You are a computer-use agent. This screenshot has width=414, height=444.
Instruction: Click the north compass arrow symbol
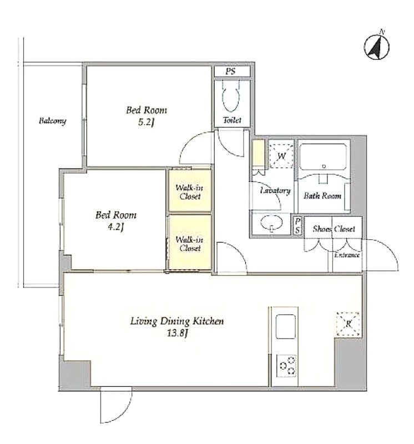(x=377, y=47)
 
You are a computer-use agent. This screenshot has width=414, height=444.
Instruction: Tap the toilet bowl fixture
(x=231, y=95)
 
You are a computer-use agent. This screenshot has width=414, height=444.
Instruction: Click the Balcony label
(x=52, y=121)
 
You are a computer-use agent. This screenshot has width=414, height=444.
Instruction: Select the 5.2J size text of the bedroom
(x=146, y=122)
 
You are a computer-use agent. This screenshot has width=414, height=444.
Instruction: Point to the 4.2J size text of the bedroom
(x=115, y=227)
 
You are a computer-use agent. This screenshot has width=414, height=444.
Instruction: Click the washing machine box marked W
(x=281, y=156)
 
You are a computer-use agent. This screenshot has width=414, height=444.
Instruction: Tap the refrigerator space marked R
(x=348, y=324)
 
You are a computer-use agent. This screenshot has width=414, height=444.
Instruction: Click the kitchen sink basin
(x=285, y=326)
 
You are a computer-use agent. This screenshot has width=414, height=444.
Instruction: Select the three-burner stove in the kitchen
(x=286, y=366)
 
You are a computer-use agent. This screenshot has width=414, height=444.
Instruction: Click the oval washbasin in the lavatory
(x=271, y=223)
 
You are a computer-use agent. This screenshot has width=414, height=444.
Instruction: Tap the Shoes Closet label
(x=334, y=229)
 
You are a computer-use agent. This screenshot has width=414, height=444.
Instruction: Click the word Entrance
(x=347, y=255)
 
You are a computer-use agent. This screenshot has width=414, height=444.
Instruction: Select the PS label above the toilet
(x=230, y=71)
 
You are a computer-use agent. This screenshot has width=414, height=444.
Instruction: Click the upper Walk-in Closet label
(x=189, y=192)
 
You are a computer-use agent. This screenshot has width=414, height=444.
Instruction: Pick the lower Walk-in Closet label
(x=189, y=244)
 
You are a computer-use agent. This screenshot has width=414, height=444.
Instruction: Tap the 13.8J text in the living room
(x=178, y=334)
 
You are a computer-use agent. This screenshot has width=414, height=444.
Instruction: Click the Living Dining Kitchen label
(x=177, y=321)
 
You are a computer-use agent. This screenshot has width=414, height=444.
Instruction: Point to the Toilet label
(x=232, y=120)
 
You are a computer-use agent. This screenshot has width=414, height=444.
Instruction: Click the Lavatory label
(x=275, y=190)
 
